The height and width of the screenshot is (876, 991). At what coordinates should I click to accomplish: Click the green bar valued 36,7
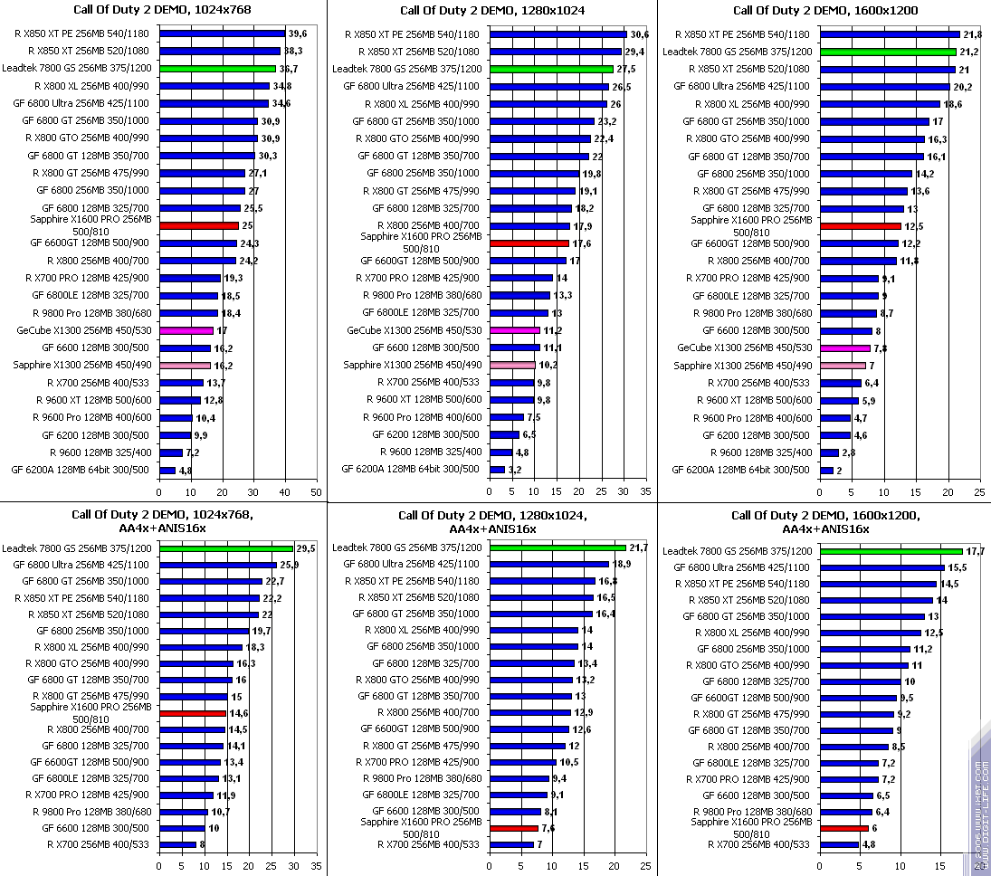click(217, 69)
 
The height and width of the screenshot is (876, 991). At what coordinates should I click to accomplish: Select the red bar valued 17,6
click(529, 243)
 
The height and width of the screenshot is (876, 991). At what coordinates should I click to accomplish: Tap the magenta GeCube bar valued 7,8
click(844, 348)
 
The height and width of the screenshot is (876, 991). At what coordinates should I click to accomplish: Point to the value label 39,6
click(297, 33)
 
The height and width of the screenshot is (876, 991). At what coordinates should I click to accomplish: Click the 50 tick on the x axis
click(315, 492)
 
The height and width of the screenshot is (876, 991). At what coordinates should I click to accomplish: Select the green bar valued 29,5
click(226, 548)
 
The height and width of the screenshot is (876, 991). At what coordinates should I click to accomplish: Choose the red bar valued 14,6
click(193, 713)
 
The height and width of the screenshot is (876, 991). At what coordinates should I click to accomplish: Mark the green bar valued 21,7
click(557, 547)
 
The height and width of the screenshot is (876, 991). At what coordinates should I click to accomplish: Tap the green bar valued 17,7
click(891, 551)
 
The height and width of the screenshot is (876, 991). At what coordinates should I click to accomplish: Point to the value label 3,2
click(515, 471)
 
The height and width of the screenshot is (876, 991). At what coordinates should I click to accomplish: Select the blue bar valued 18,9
click(548, 564)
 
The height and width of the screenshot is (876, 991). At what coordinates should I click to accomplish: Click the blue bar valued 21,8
click(890, 34)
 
